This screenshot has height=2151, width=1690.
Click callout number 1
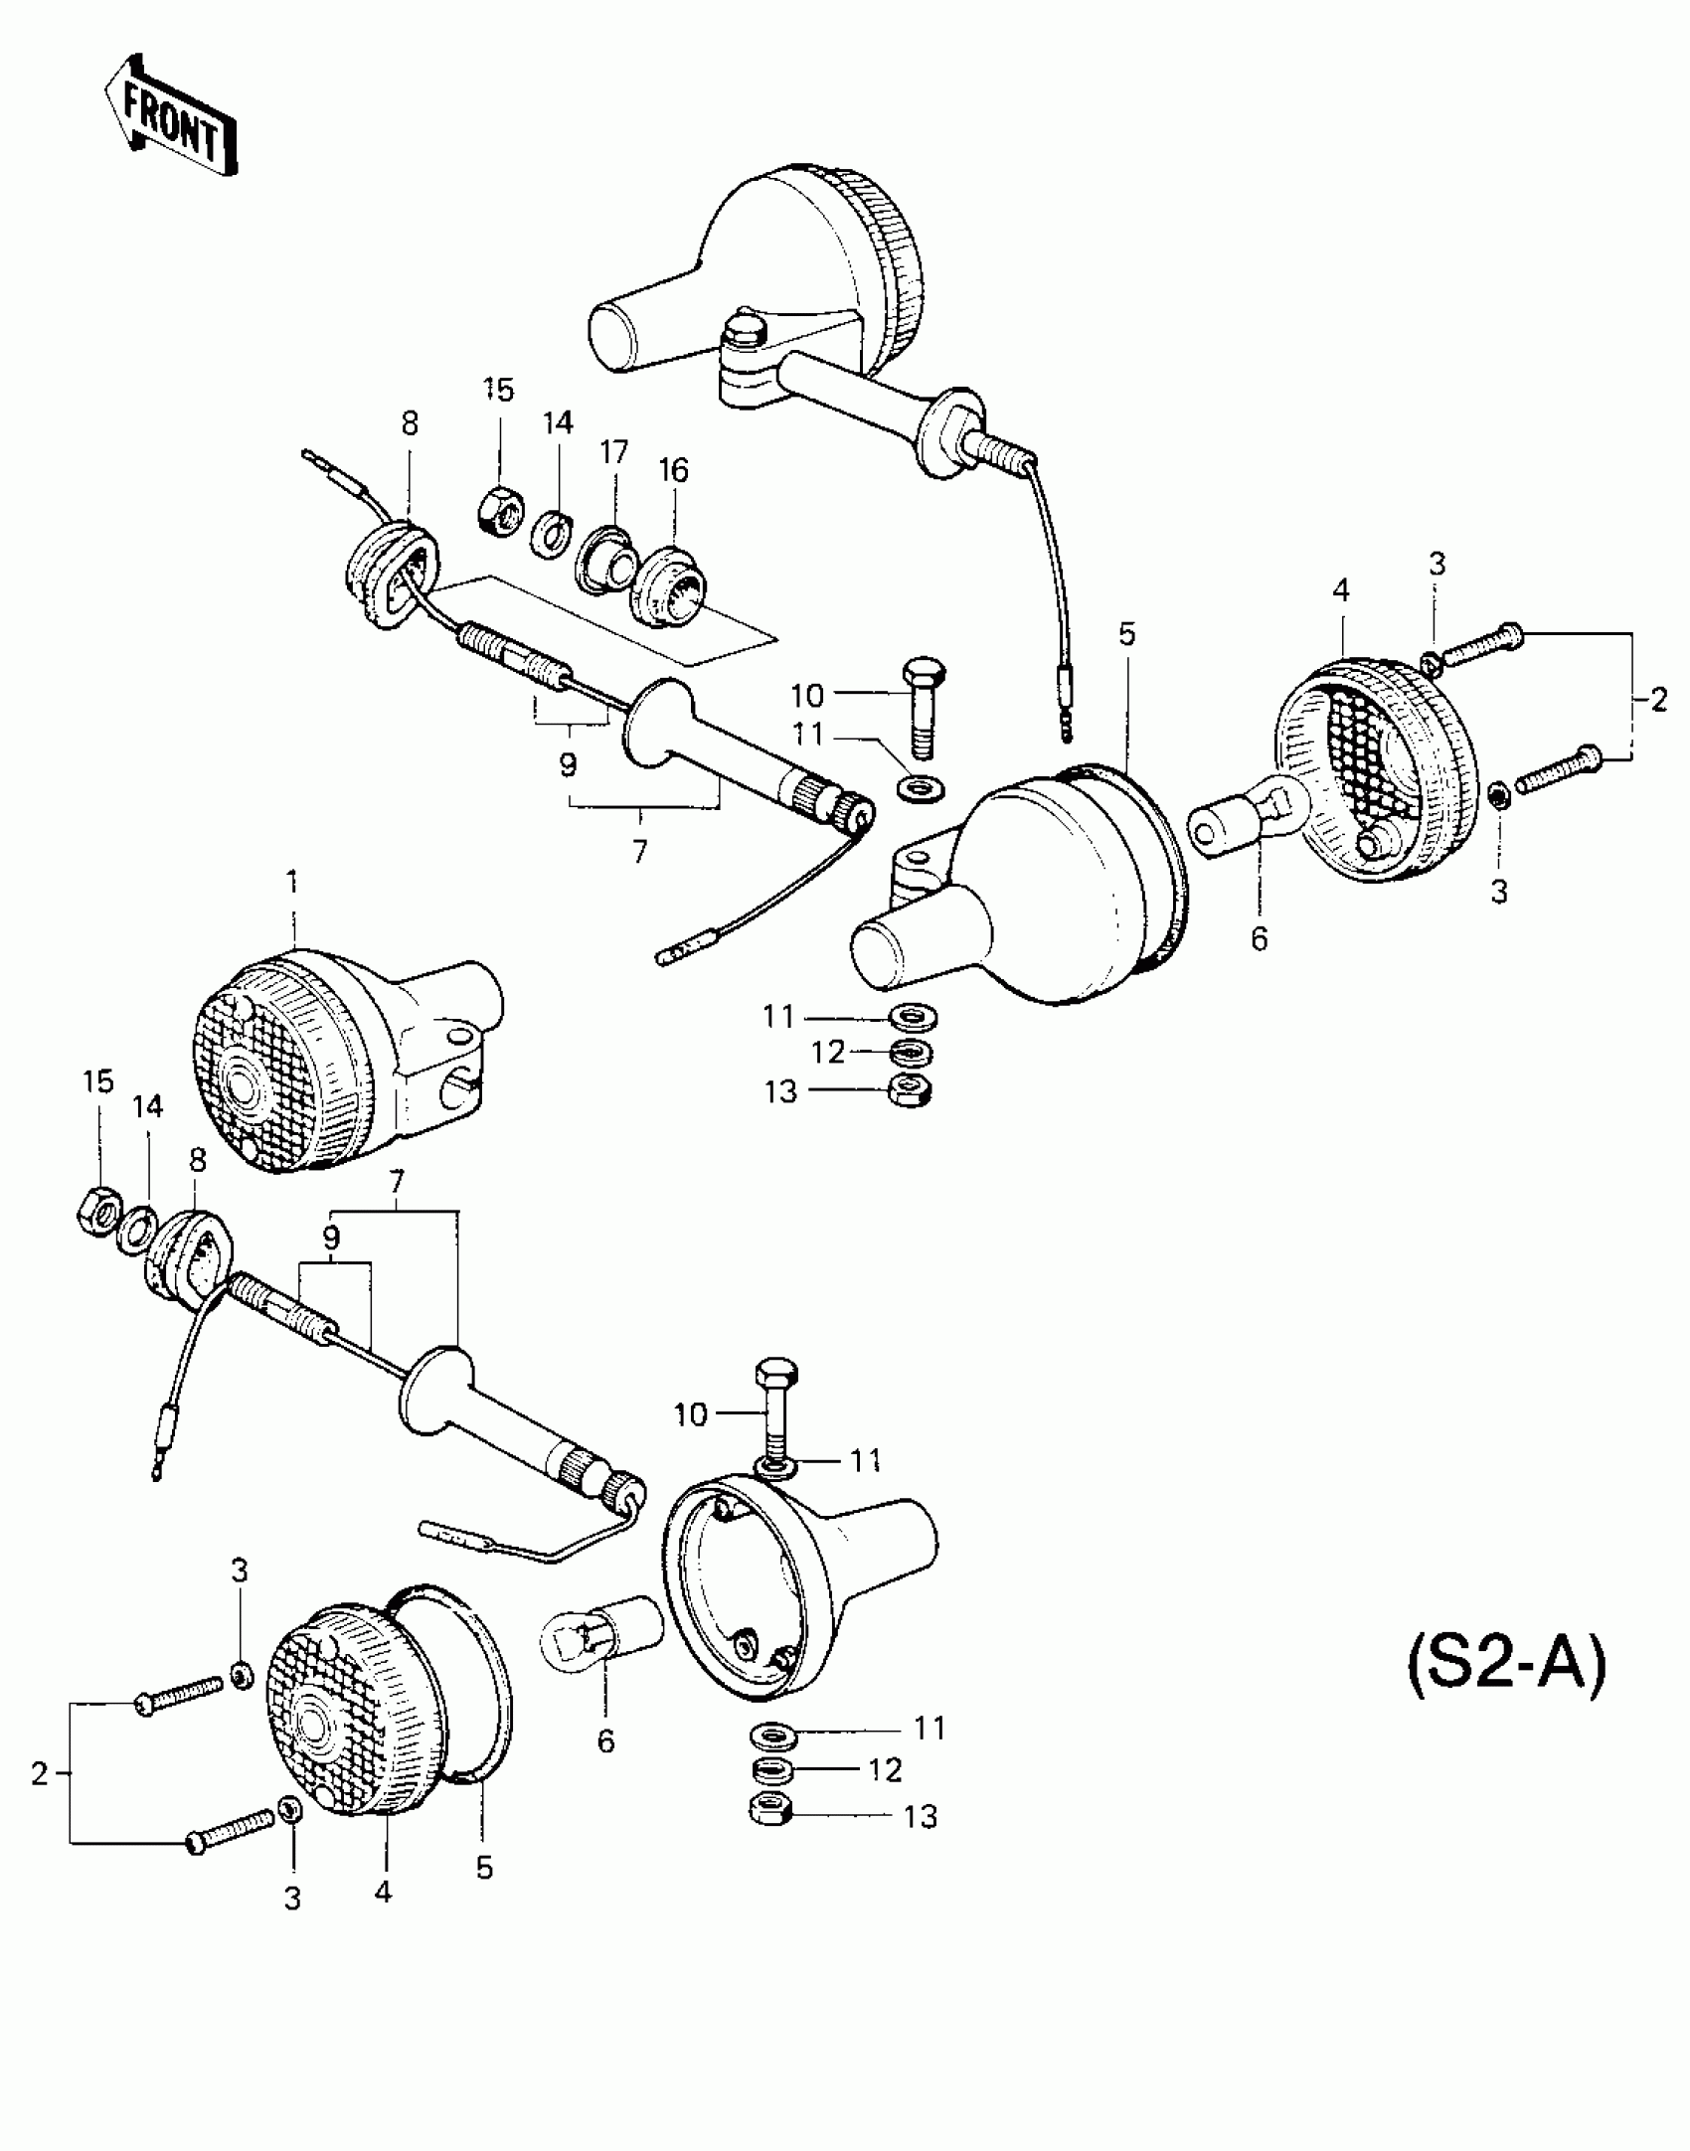pyautogui.click(x=292, y=882)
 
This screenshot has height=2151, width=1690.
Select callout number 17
pyautogui.click(x=614, y=453)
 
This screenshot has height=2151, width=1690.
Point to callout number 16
pyautogui.click(x=674, y=470)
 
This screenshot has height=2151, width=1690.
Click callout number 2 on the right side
pyautogui.click(x=1657, y=700)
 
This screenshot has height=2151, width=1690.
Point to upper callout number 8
pyautogui.click(x=410, y=423)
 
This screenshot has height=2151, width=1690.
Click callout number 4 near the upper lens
pyautogui.click(x=1340, y=590)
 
